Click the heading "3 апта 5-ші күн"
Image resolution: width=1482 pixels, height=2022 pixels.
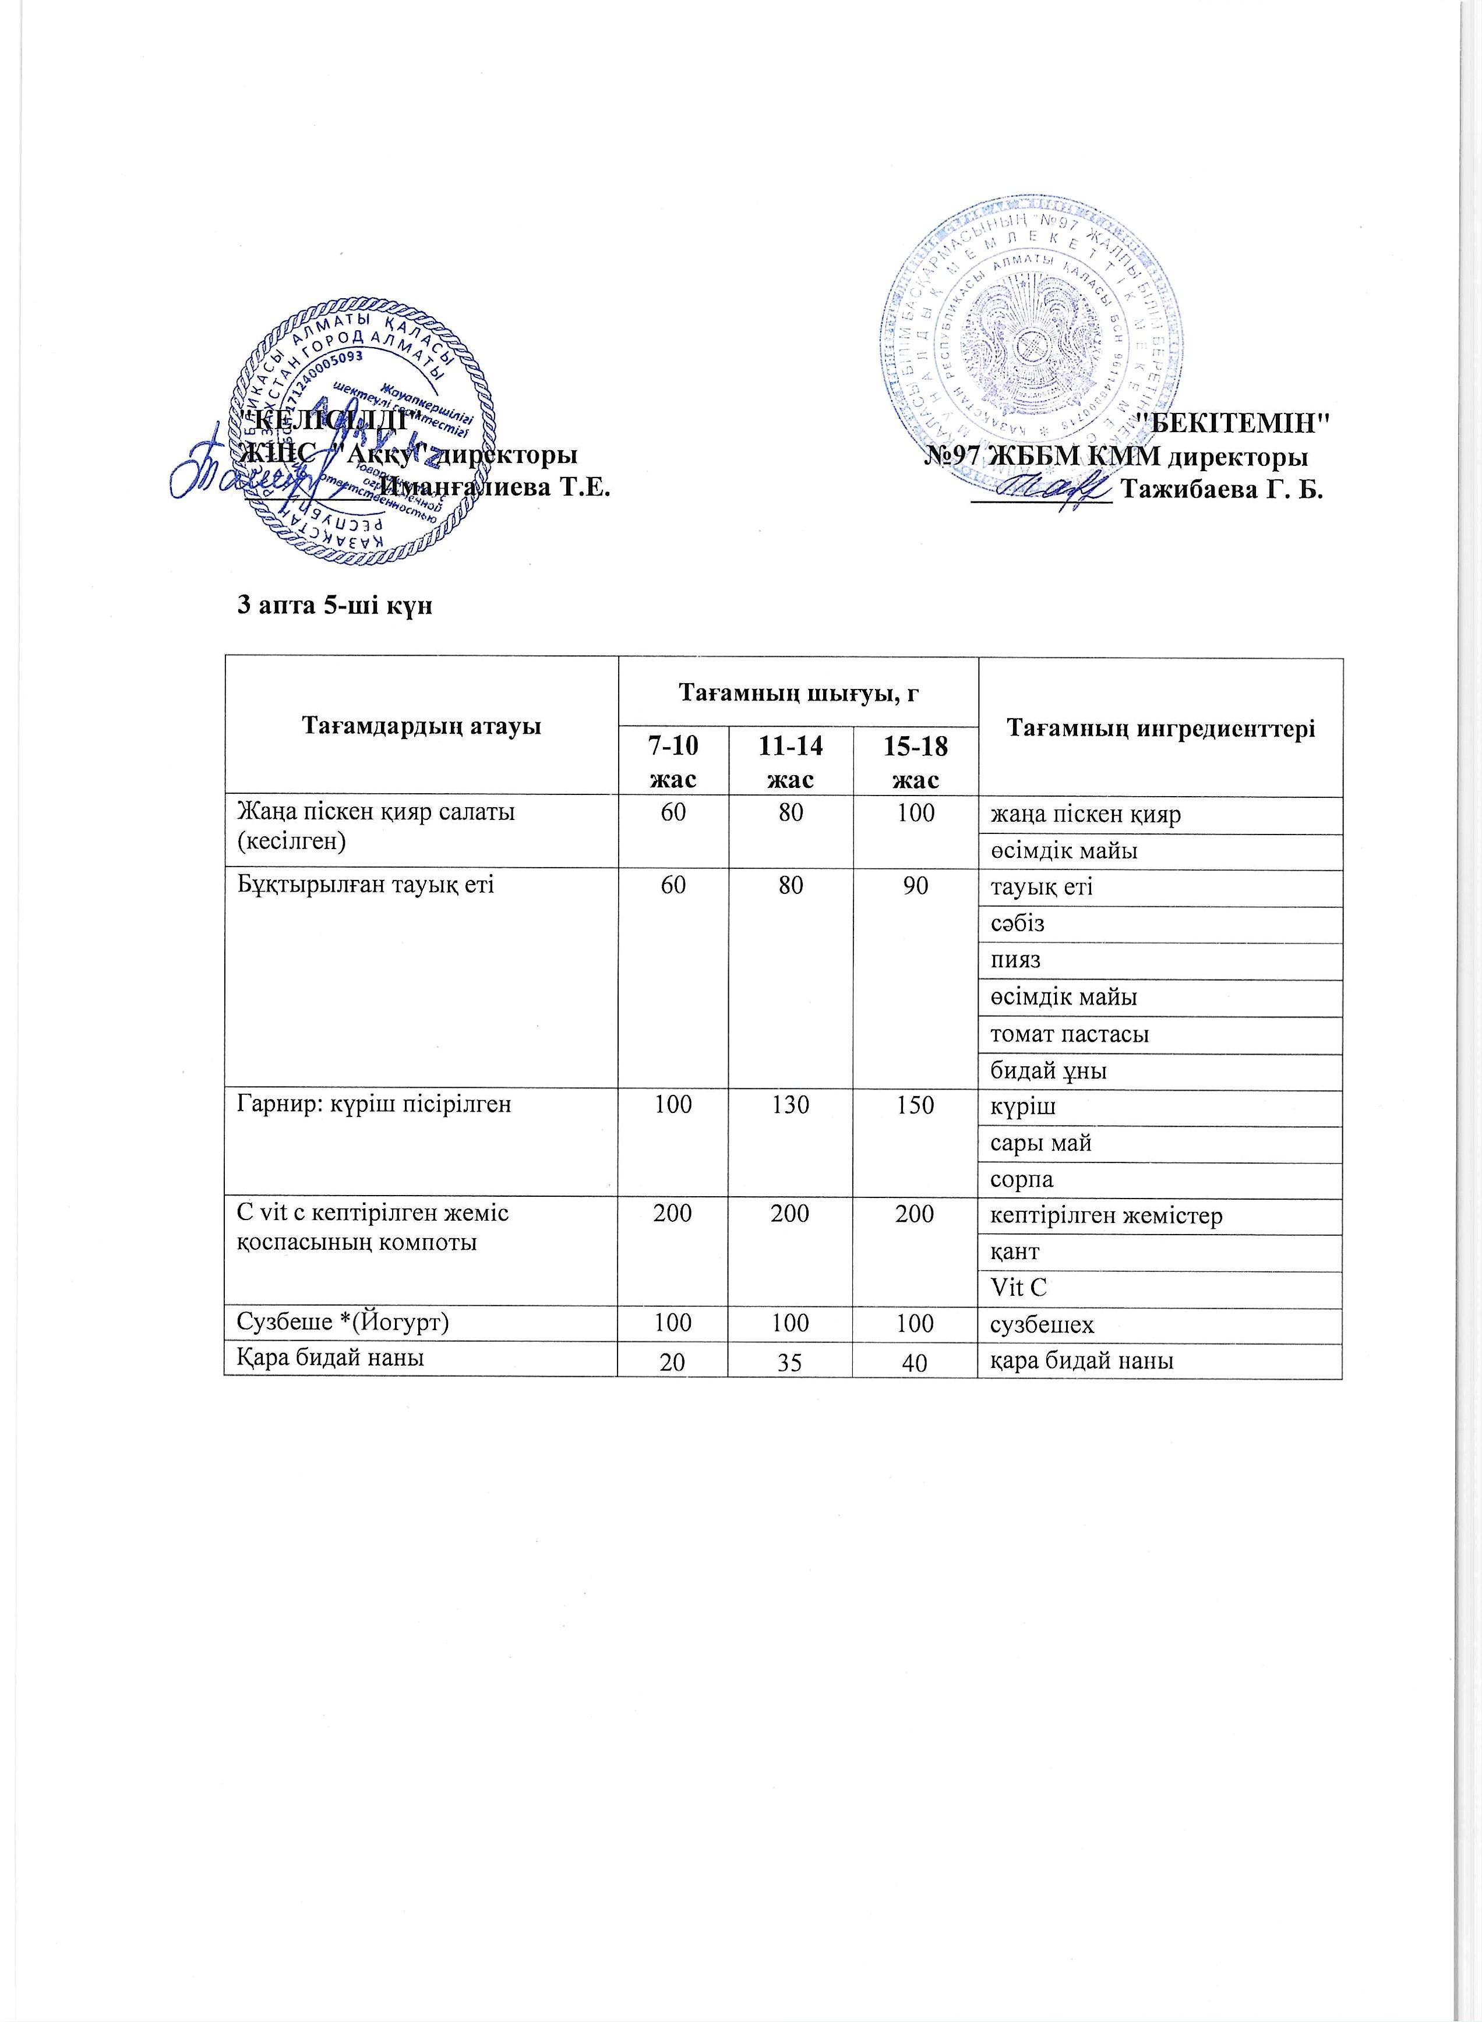(334, 606)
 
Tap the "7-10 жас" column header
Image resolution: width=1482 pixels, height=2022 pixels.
(673, 759)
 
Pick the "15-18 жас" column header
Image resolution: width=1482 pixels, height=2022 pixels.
(915, 759)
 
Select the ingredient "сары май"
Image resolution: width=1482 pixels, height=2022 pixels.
(1040, 1143)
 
